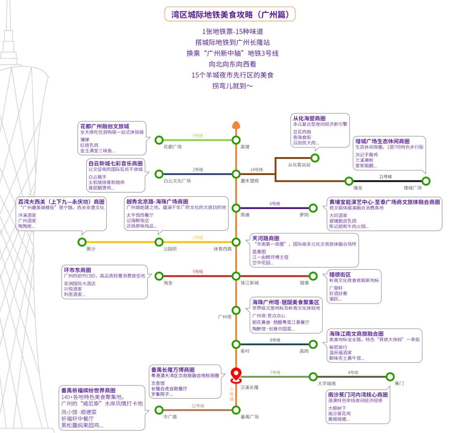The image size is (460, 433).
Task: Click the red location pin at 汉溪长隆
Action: click(236, 374)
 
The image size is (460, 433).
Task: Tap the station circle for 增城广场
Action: click(426, 181)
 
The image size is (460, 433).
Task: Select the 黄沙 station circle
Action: click(81, 242)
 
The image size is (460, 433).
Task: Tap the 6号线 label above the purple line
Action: click(275, 204)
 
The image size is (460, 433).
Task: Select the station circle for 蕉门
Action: click(390, 377)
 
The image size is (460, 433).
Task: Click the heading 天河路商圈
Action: click(266, 239)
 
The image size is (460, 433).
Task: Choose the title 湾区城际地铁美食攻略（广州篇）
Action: click(230, 15)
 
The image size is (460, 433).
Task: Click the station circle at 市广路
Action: click(159, 410)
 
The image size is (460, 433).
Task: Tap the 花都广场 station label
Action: click(173, 146)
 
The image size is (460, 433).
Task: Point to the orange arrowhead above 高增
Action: click(236, 125)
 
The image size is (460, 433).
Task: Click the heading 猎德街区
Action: click(340, 274)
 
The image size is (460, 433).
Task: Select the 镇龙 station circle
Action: click(349, 181)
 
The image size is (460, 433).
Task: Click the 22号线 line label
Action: click(198, 406)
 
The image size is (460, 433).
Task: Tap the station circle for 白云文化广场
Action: click(159, 174)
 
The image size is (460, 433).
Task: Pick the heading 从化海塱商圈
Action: click(309, 118)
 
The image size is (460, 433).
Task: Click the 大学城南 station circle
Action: click(314, 377)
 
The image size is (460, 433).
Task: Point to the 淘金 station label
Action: click(168, 282)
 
